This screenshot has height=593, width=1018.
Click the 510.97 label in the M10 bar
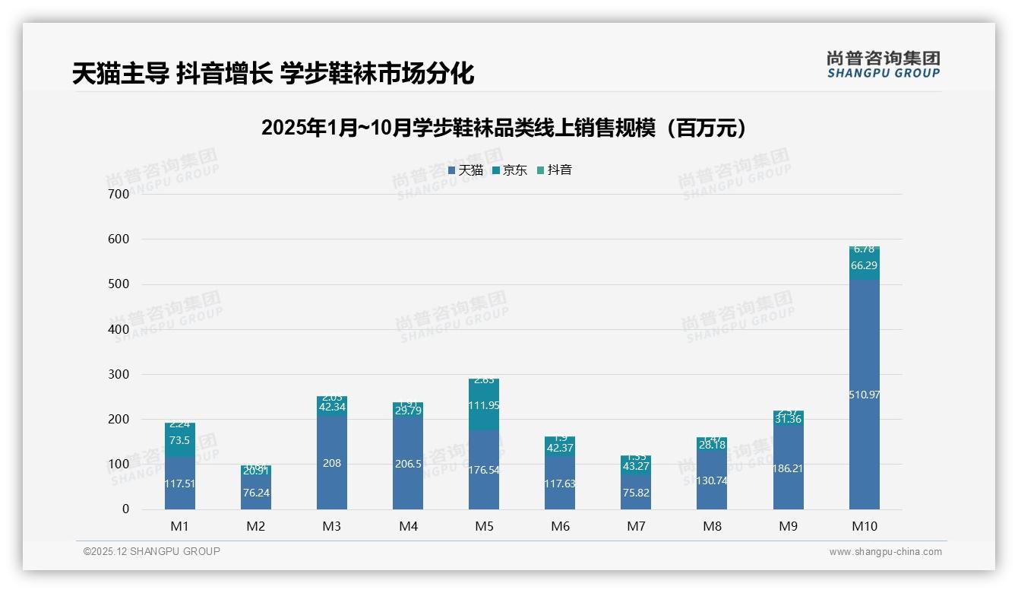point(864,395)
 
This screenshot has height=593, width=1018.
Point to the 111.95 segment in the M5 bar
point(484,406)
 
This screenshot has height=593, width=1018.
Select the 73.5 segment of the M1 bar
point(180,440)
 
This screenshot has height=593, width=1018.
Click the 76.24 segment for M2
point(256,493)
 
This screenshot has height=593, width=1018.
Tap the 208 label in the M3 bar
point(332,462)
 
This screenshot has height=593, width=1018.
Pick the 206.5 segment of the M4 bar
point(408,463)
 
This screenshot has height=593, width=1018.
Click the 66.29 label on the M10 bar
point(864,265)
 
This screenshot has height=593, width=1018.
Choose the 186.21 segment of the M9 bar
point(788,468)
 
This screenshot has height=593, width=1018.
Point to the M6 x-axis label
point(560,526)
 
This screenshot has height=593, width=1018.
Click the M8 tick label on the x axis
point(712,526)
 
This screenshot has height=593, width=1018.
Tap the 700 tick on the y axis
point(119,194)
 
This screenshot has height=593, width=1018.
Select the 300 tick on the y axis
point(119,374)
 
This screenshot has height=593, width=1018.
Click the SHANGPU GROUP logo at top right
point(883,64)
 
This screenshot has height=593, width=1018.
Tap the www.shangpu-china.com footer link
point(885,552)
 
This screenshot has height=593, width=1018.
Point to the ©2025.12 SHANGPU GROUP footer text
point(152,552)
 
